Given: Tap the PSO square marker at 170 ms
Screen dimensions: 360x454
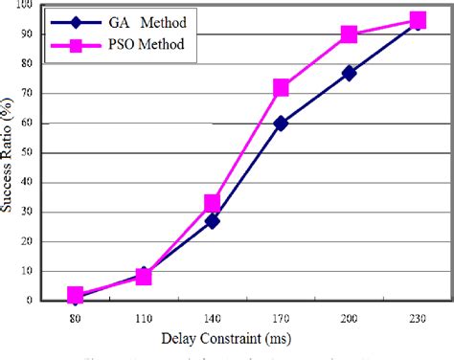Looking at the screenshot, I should pyautogui.click(x=281, y=88).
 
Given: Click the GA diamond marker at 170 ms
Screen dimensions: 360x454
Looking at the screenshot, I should pyautogui.click(x=281, y=123).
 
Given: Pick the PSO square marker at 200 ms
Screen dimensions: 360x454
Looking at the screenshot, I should pyautogui.click(x=349, y=34).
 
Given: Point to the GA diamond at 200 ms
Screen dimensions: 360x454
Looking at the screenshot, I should pyautogui.click(x=349, y=73).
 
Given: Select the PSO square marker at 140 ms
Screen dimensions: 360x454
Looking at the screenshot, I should pyautogui.click(x=213, y=203).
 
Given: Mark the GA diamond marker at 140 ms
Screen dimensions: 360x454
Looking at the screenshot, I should pyautogui.click(x=213, y=220).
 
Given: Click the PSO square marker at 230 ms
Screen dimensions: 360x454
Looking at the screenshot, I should pyautogui.click(x=418, y=20).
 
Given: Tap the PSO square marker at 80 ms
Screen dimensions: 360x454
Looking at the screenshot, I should pyautogui.click(x=76, y=295).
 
